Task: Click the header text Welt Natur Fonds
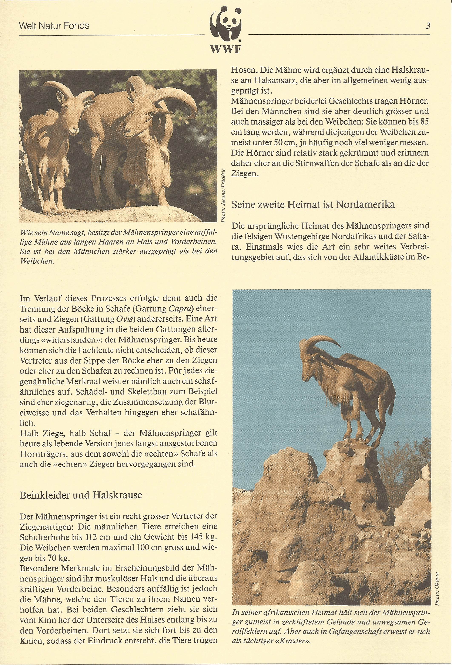pos(54,26)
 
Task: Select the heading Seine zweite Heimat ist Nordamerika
pos(313,204)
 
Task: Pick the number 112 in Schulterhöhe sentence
pos(108,536)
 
